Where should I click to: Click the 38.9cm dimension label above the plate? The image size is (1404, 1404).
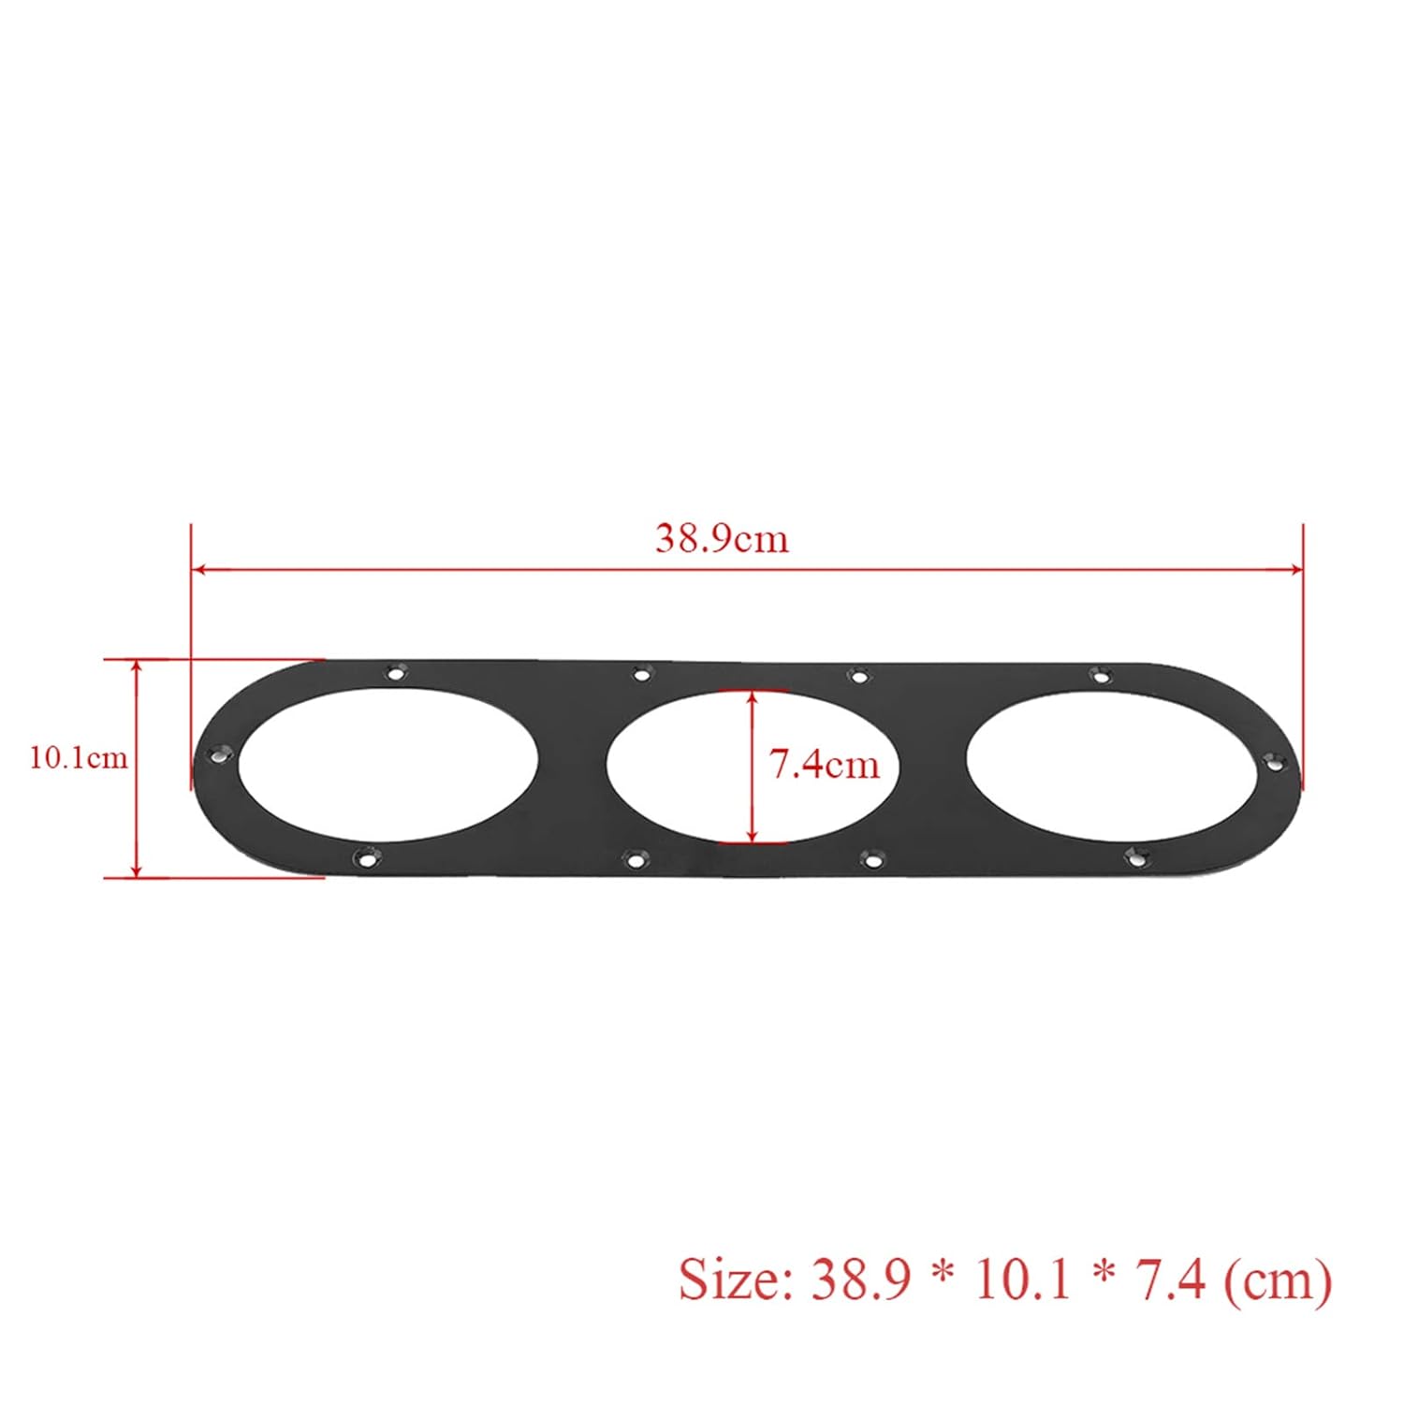pos(722,538)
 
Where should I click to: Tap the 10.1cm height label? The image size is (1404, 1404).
pos(79,756)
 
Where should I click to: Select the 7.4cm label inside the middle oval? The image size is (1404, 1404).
pos(825,765)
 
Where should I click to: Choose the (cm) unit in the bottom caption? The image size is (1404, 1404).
pos(1278,1280)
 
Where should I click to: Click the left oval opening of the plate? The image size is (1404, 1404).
pos(388,764)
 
